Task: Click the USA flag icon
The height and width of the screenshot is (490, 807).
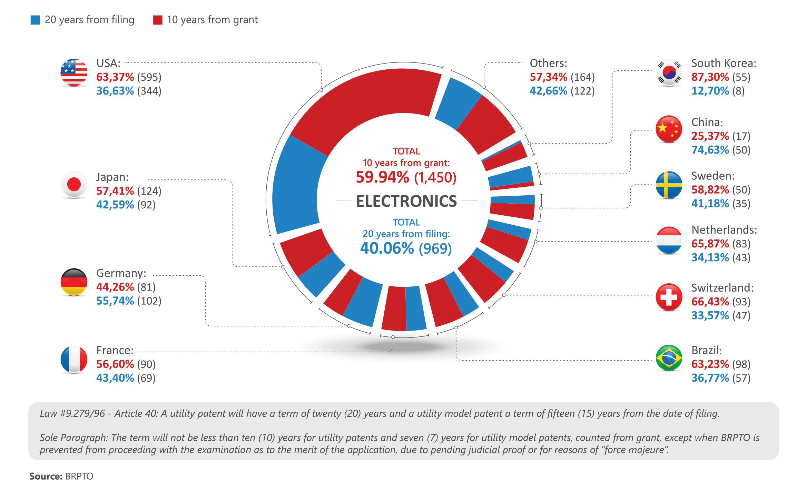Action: [74, 72]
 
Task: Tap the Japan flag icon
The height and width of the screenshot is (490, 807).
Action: [74, 184]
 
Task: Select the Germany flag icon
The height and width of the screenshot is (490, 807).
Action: [74, 282]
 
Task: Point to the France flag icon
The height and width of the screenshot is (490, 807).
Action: [74, 360]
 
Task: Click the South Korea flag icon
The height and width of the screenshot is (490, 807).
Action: [669, 72]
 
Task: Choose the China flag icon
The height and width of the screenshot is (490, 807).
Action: [669, 129]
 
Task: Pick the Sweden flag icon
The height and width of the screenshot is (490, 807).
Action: [669, 185]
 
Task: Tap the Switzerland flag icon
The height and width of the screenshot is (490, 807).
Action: [669, 297]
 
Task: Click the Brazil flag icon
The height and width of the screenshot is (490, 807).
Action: [669, 358]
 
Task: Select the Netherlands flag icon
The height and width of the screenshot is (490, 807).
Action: [669, 240]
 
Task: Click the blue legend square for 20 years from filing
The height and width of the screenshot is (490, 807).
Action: [35, 20]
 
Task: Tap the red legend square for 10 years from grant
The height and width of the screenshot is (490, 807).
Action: [158, 20]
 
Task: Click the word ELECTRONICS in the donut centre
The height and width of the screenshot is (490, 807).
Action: [406, 201]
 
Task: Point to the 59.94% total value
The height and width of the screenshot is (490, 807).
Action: [382, 177]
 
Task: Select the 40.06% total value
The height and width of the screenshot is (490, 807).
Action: [387, 248]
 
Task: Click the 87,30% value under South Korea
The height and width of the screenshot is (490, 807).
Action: [710, 77]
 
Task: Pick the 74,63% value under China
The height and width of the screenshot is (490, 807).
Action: [710, 150]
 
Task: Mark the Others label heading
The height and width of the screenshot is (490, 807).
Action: [548, 63]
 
